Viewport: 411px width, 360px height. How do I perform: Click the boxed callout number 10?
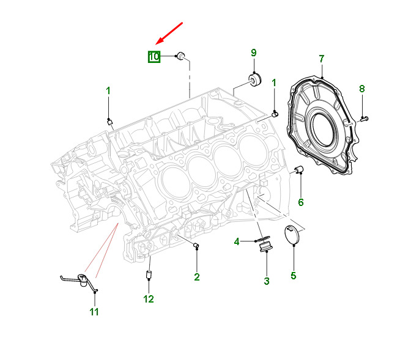tap(153, 57)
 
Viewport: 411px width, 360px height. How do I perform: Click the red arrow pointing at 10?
tap(170, 33)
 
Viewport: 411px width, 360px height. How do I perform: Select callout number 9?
tap(254, 53)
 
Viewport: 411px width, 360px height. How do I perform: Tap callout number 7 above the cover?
tap(321, 59)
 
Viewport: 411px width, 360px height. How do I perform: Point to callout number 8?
tap(361, 89)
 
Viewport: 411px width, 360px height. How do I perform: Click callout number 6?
tap(300, 202)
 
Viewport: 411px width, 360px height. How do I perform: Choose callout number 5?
tap(293, 276)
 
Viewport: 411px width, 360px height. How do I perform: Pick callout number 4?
tap(237, 241)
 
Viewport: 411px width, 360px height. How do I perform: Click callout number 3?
tap(267, 281)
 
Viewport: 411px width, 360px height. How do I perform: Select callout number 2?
tap(197, 277)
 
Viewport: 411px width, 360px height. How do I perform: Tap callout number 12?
tap(149, 299)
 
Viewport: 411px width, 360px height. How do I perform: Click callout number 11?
tap(94, 312)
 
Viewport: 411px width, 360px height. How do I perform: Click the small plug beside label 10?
tap(180, 57)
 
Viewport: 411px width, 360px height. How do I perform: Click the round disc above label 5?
tap(293, 235)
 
